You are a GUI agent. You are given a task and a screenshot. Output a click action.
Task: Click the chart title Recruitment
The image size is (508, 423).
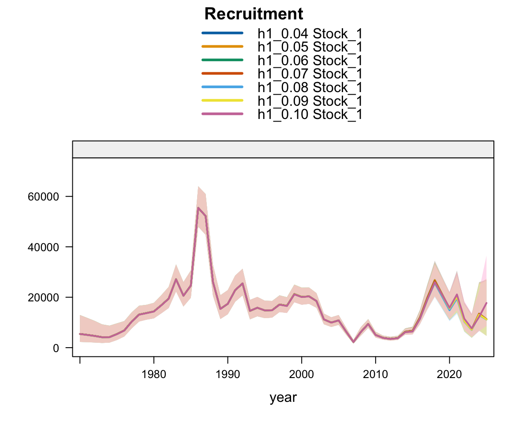pyautogui.click(x=254, y=14)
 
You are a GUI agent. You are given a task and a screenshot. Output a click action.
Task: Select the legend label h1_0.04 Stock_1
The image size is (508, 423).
pyautogui.click(x=310, y=33)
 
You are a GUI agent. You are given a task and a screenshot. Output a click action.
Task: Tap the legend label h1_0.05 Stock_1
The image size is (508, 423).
pyautogui.click(x=310, y=47)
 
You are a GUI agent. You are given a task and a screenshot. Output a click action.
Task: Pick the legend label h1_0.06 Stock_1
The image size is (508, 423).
pyautogui.click(x=310, y=60)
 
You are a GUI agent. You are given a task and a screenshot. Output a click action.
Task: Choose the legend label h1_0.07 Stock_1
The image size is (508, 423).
pyautogui.click(x=310, y=74)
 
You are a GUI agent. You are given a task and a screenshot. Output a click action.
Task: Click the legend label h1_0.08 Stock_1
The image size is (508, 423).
pyautogui.click(x=310, y=87)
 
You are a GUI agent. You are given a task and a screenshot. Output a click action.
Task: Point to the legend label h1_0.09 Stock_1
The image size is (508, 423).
pyautogui.click(x=310, y=101)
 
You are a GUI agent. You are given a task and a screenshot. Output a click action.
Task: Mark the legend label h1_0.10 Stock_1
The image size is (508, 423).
pyautogui.click(x=310, y=115)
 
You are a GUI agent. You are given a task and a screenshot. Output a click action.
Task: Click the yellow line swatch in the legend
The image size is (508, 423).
pyautogui.click(x=222, y=100)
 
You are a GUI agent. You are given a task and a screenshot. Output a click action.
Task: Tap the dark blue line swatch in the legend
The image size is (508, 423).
pyautogui.click(x=222, y=33)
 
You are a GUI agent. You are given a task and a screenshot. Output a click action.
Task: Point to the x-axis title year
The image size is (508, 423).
pyautogui.click(x=283, y=397)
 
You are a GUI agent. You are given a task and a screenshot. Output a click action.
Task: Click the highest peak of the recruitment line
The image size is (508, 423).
pyautogui.click(x=198, y=208)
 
